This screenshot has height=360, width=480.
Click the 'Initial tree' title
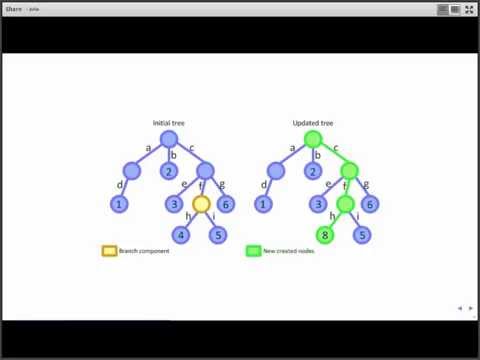click(168, 123)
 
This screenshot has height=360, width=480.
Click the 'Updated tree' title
click(312, 123)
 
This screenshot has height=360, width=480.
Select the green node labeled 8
click(324, 236)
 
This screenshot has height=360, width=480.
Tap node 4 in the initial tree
click(180, 236)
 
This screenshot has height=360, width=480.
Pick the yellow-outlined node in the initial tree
click(201, 204)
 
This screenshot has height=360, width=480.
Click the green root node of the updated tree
click(312, 139)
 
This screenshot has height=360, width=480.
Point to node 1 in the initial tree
click(118, 204)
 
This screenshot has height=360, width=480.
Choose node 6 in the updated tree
click(370, 204)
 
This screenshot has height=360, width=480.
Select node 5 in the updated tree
click(362, 236)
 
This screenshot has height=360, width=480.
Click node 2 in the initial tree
click(169, 171)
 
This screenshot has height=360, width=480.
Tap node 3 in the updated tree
click(318, 204)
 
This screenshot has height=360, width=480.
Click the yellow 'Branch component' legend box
click(109, 251)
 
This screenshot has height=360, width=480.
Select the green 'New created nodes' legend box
click(253, 251)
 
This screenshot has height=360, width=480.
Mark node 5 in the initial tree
click(218, 236)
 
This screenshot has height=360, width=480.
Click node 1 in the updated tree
click(262, 204)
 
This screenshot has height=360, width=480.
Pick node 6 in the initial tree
click(226, 204)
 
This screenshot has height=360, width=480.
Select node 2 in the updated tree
click(313, 171)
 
